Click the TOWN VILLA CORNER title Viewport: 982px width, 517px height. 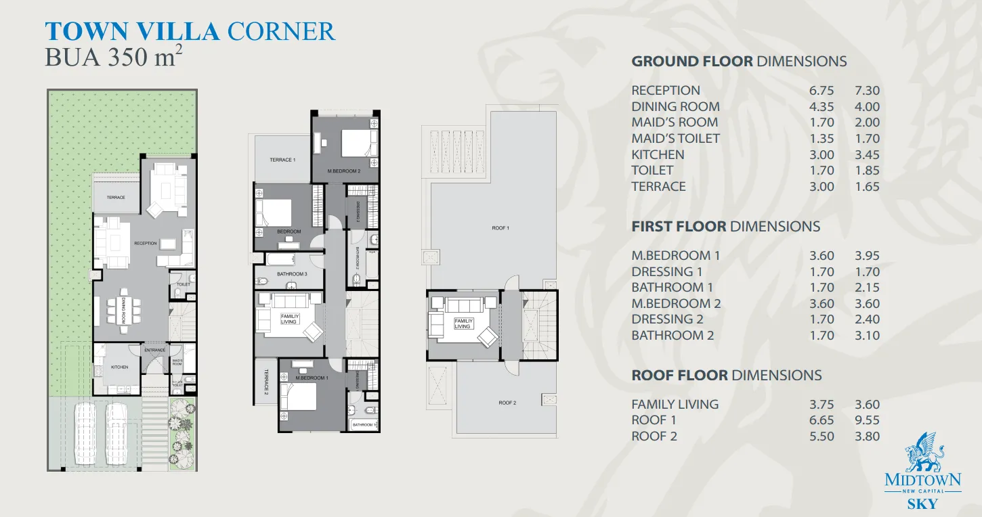tap(190, 32)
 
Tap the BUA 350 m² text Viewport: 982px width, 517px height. tap(113, 58)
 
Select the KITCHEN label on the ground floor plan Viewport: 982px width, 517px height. tap(119, 367)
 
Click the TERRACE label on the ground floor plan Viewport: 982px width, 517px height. tap(116, 198)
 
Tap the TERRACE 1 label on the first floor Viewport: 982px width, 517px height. tap(282, 160)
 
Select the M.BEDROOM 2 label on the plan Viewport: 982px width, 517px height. tap(344, 171)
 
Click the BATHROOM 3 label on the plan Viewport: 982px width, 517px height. tap(292, 274)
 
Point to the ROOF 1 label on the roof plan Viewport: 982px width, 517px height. tap(500, 228)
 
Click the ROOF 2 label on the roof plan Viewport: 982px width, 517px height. tap(507, 403)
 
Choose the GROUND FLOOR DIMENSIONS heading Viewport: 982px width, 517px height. tap(739, 62)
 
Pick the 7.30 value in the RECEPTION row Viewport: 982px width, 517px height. tap(867, 91)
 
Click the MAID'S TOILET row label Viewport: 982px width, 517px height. tap(675, 139)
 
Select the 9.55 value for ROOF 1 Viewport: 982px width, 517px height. tap(867, 420)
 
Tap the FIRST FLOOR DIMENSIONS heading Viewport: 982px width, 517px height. tap(725, 227)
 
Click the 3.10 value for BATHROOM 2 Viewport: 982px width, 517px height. tap(867, 336)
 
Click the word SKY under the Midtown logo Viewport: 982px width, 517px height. tap(922, 503)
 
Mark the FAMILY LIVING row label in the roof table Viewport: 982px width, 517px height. tap(675, 405)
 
